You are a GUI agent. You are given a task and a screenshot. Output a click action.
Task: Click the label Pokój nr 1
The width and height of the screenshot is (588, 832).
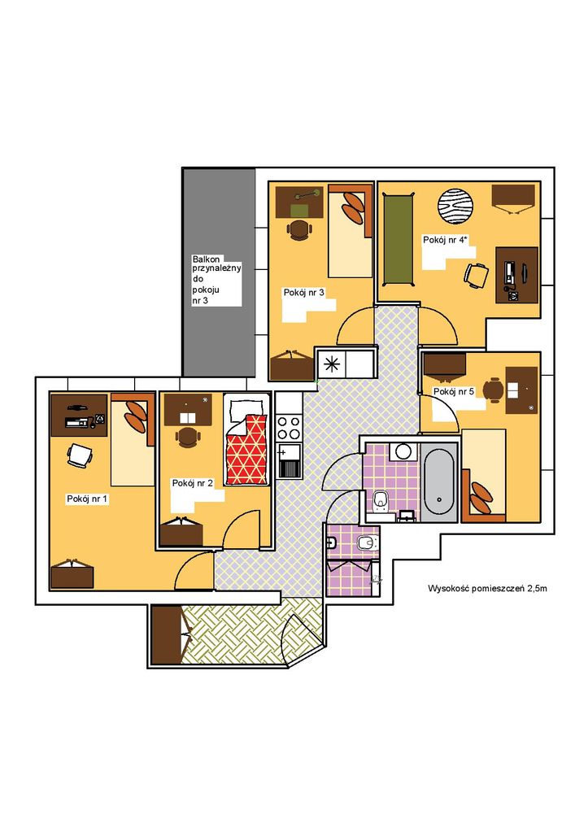pyautogui.click(x=87, y=499)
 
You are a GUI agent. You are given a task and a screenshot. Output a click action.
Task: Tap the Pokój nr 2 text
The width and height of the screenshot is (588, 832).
pyautogui.click(x=193, y=483)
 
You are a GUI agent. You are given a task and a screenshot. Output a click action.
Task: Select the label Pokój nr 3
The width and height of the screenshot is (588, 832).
pyautogui.click(x=303, y=292)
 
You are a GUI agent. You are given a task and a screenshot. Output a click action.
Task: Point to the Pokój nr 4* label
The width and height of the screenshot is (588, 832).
pyautogui.click(x=446, y=240)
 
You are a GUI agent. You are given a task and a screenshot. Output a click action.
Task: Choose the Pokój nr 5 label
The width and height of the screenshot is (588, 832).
pyautogui.click(x=454, y=391)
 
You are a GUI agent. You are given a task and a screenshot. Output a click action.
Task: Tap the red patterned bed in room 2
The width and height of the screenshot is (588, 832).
pyautogui.click(x=246, y=449)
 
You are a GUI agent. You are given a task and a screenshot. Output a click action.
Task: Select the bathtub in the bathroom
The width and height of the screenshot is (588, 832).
pyautogui.click(x=439, y=482)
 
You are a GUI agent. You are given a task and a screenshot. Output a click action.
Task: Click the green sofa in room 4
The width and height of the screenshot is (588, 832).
pyautogui.click(x=398, y=241)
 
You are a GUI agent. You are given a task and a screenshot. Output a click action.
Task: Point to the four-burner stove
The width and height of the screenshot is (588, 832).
pyautogui.click(x=288, y=428)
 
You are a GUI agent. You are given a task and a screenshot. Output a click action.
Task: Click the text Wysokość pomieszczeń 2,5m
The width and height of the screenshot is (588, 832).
pyautogui.click(x=487, y=589)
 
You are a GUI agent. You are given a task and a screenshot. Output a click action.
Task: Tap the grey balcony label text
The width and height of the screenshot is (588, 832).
pyautogui.click(x=216, y=280)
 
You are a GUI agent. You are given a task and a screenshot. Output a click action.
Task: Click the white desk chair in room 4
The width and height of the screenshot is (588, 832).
pyautogui.click(x=477, y=276)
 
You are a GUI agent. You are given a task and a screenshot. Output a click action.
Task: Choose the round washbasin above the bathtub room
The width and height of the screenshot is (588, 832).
pyautogui.click(x=403, y=451)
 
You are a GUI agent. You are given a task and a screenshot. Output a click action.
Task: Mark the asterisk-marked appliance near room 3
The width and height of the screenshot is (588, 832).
pyautogui.click(x=332, y=364)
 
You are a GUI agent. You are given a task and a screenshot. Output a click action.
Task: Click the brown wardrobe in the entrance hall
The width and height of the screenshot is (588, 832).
pyautogui.click(x=167, y=634)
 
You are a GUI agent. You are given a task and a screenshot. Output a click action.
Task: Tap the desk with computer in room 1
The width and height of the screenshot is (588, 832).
pyautogui.click(x=79, y=415)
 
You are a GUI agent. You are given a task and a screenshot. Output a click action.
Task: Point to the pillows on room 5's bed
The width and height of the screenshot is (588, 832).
pyautogui.click(x=481, y=497)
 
